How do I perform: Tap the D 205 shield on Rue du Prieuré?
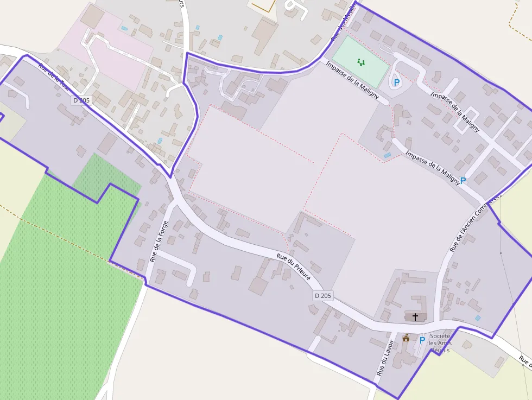click(322, 296)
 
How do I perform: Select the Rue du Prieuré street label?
click(294, 266)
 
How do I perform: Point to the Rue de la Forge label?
click(159, 241)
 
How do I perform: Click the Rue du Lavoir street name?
click(385, 358)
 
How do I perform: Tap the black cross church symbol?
click(415, 316)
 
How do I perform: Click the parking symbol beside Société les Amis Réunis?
click(422, 340)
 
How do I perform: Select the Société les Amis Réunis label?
click(440, 343)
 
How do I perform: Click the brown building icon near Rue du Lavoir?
click(406, 338)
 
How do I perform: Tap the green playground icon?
click(361, 62)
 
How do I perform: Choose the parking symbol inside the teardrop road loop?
click(396, 82)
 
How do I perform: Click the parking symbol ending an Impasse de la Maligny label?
click(463, 180)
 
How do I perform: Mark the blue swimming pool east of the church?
click(477, 318)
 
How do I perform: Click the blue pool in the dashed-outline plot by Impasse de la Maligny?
click(387, 156)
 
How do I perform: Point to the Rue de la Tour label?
click(54, 76)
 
